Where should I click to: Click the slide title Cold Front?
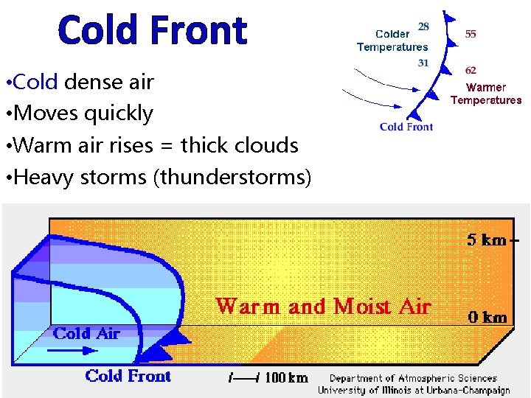152,31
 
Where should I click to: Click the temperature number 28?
423,26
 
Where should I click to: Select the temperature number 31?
423,63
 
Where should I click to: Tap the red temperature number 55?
471,34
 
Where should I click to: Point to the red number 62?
471,71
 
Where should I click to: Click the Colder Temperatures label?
392,41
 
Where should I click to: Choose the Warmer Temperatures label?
486,94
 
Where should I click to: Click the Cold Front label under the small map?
406,127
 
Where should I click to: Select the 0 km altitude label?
487,318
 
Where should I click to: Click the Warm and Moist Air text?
323,306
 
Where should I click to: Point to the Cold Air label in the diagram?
86,333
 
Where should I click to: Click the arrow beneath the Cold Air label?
77,352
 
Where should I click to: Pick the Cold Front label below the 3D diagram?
128,376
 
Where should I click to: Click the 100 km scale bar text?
286,378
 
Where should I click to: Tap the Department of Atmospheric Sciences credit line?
413,378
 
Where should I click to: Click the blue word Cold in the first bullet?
35,82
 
